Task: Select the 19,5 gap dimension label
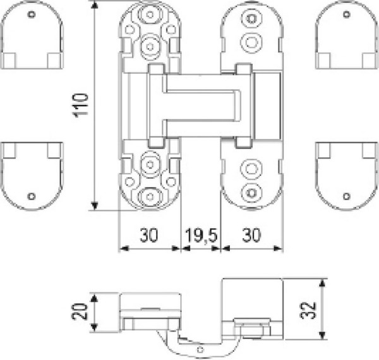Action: pos(201,235)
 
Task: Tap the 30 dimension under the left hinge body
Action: pos(149,235)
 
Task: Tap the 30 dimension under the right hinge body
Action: pos(251,235)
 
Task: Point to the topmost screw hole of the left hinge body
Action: pos(150,15)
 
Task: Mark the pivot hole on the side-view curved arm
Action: pos(200,348)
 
